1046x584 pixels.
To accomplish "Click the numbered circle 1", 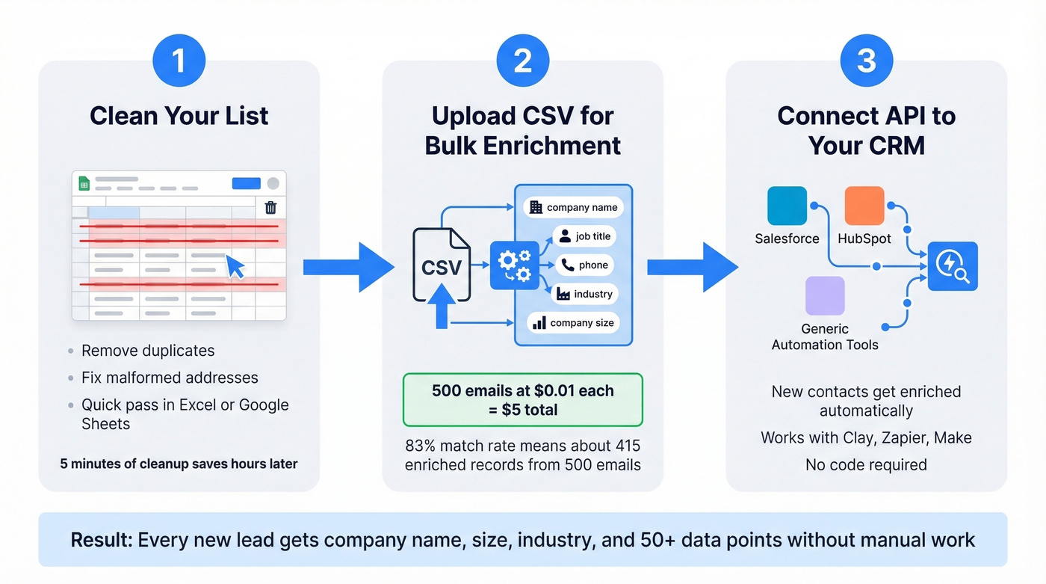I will pos(179,61).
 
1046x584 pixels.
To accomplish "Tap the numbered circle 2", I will pos(522,61).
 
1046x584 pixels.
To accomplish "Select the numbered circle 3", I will pos(866,61).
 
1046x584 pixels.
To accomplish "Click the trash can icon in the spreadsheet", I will pos(271,207).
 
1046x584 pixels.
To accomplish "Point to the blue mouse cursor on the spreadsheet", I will pos(235,266).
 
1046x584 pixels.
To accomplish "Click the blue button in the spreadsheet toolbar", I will pos(247,183).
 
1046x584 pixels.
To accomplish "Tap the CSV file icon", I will pos(442,265).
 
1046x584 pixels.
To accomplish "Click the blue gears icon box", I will pos(514,265).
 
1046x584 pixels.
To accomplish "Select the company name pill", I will pos(573,207).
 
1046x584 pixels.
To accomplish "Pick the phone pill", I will pos(586,265).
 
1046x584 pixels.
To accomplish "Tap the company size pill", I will pos(573,323).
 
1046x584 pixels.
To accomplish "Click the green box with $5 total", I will pos(522,400).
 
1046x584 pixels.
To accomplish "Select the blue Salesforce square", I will pos(787,206).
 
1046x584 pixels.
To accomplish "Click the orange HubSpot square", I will pos(864,206).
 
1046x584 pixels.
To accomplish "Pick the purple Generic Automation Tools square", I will pos(825,295).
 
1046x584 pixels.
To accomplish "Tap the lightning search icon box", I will pos(952,266).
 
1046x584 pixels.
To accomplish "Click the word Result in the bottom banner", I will pos(101,540).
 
